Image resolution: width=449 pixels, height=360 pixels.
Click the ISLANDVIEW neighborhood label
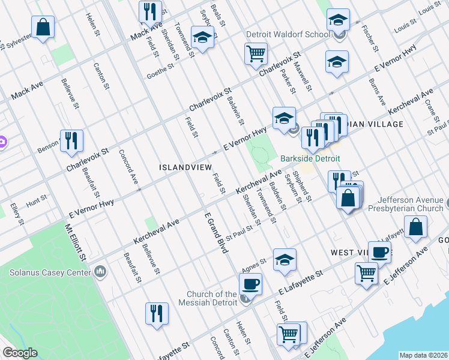[x=185, y=167]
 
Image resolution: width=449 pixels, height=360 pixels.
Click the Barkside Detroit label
[x=310, y=158]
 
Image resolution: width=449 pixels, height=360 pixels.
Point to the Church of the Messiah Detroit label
[x=212, y=298]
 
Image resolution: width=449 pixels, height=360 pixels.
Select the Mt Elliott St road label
[x=76, y=242]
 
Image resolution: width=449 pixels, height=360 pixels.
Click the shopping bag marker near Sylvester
[x=43, y=27]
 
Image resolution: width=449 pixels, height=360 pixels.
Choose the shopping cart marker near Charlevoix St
[x=256, y=54]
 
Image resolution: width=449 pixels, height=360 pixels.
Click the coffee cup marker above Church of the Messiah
[x=250, y=283]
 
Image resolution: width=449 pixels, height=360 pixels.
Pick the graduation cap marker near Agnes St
[x=285, y=260]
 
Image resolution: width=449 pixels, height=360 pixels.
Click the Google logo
[x=20, y=353]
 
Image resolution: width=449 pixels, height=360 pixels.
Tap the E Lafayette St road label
[x=301, y=282]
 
